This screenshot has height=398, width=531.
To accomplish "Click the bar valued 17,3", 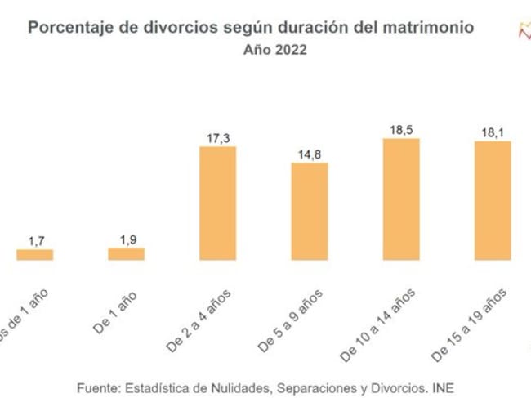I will pyautogui.click(x=217, y=203).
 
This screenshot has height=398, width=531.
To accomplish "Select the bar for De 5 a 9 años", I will pyautogui.click(x=309, y=211).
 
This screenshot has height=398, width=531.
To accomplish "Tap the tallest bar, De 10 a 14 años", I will pyautogui.click(x=400, y=199).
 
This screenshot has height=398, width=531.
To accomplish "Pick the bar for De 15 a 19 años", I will pyautogui.click(x=492, y=200).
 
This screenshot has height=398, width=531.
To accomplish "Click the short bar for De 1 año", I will pyautogui.click(x=126, y=254).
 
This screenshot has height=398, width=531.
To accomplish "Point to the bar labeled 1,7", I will pyautogui.click(x=34, y=254).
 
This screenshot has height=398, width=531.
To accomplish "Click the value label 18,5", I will pyautogui.click(x=400, y=130).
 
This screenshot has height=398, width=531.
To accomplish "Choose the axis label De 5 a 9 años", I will pyautogui.click(x=292, y=319).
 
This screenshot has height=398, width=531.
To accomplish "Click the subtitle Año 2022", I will pyautogui.click(x=274, y=49).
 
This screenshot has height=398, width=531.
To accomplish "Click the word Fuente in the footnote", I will pyautogui.click(x=99, y=387).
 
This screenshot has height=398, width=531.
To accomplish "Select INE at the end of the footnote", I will pyautogui.click(x=443, y=387).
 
